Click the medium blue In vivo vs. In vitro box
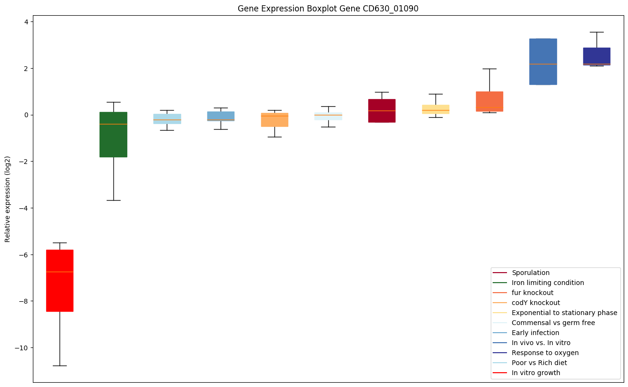coord(543,61)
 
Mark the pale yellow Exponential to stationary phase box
coord(436,109)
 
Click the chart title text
coord(328,9)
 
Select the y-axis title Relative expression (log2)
coord(8,199)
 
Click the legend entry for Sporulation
coord(530,273)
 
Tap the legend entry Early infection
coord(535,333)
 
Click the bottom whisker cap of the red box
coord(60,366)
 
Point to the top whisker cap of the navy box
coord(597,32)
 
